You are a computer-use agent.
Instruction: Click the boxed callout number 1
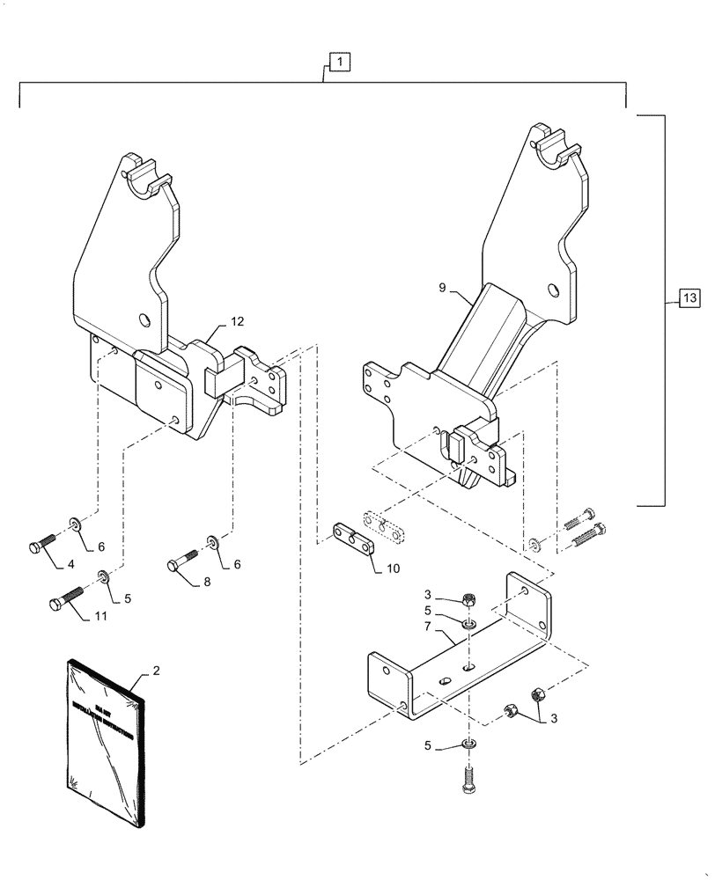(x=339, y=62)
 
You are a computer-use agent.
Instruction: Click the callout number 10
(x=392, y=568)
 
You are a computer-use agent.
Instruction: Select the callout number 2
(x=156, y=671)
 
